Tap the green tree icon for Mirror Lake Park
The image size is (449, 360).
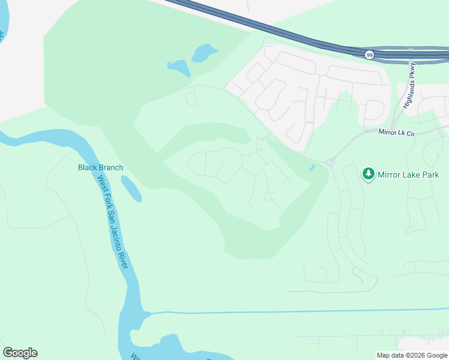coord(369,175)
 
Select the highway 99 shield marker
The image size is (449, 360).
coord(369,55)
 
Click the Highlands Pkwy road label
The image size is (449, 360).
coord(411,85)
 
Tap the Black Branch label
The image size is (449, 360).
coord(100,167)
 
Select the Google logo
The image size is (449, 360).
coord(20,353)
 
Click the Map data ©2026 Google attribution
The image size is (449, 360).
coord(412,355)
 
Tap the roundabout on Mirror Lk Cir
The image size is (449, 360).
coord(329,162)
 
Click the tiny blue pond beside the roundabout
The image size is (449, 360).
coord(311,168)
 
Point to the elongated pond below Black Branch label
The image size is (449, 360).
coord(131,188)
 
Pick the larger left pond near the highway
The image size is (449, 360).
coord(179,67)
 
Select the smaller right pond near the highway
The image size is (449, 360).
coord(204,53)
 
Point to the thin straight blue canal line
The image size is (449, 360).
coord(300,311)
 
